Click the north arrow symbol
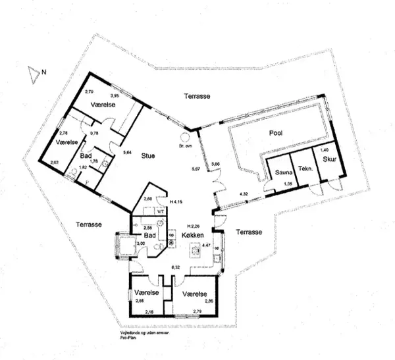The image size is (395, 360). point(33,74)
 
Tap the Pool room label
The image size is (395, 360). point(276,133)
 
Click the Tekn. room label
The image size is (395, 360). point(304,168)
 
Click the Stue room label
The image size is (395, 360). point(147,156)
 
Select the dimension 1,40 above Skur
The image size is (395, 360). point(324,151)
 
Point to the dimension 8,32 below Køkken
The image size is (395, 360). point(176,267)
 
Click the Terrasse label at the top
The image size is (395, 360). point(196,96)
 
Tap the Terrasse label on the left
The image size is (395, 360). point(88,224)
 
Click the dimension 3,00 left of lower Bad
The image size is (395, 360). point(140,244)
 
